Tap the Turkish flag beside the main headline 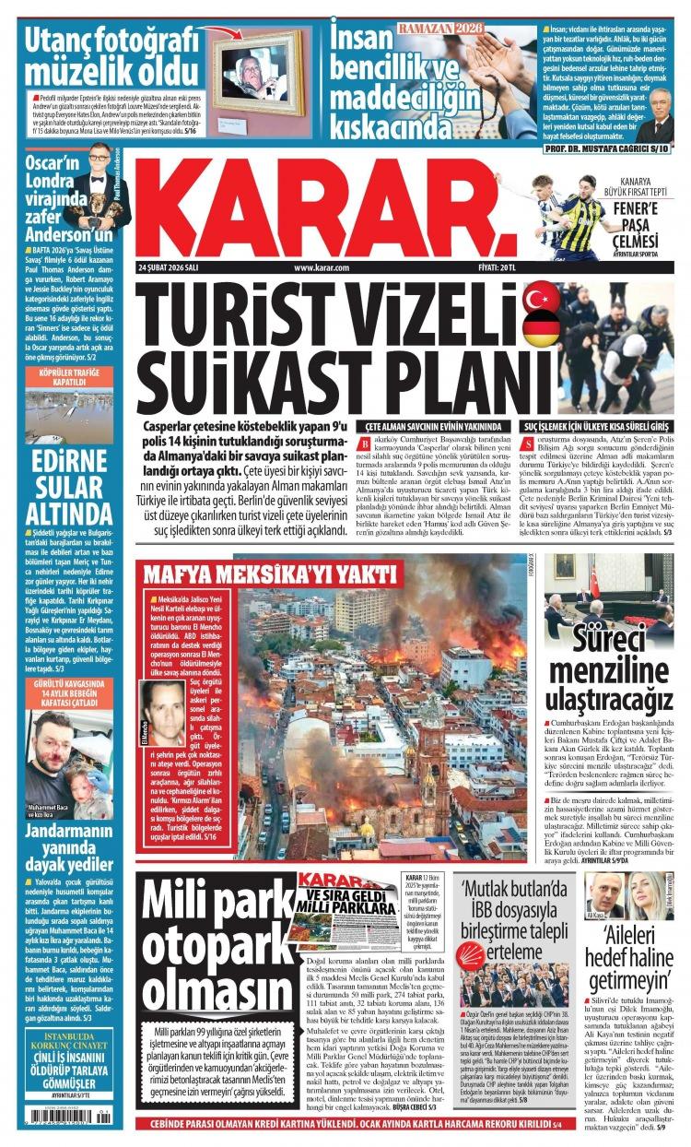[x=541, y=299]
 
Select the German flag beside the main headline [x=541, y=329]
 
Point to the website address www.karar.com [x=322, y=267]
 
